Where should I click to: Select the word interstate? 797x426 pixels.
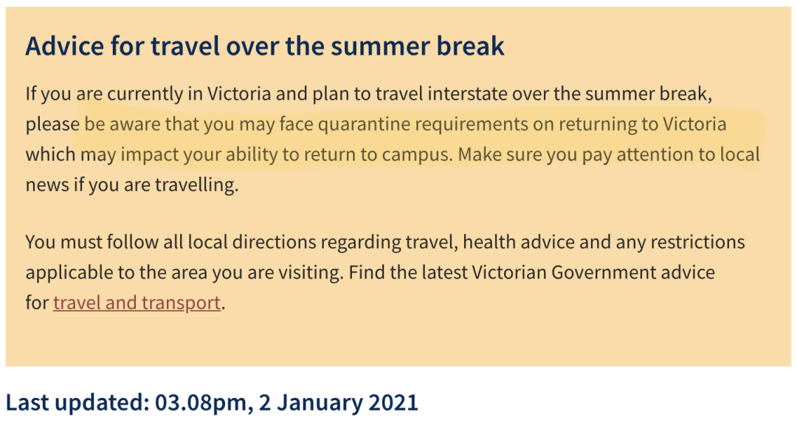pos(467,94)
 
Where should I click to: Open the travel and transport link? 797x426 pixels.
pos(137,303)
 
